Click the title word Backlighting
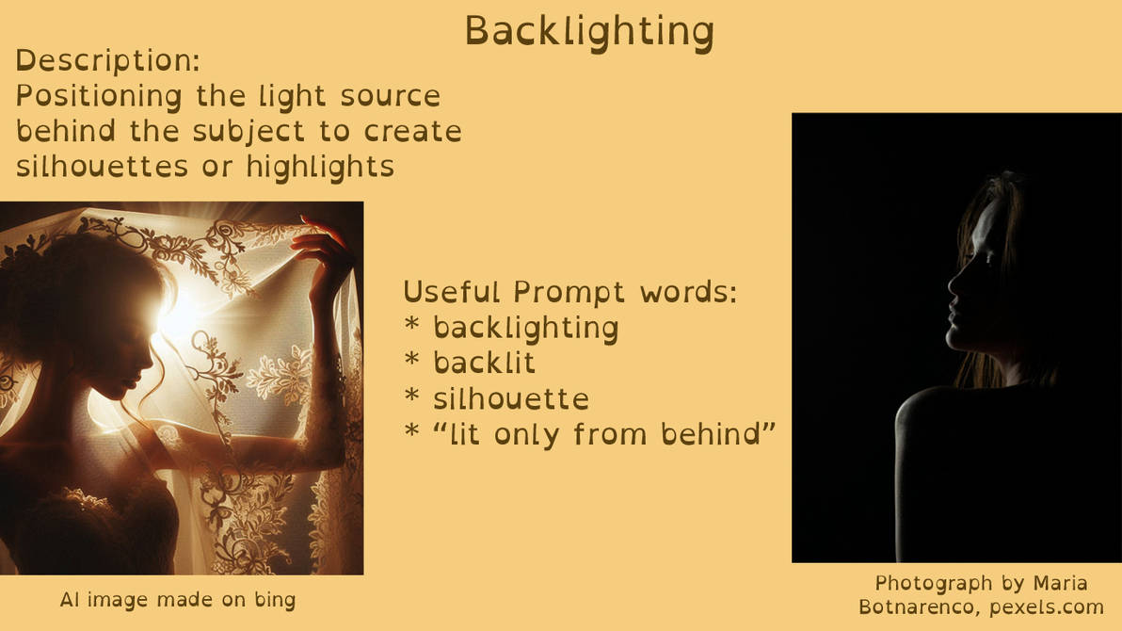click(x=589, y=31)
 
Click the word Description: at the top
click(x=108, y=61)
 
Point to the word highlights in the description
click(x=320, y=166)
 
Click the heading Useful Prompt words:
click(x=569, y=292)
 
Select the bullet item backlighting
click(x=525, y=327)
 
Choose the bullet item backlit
click(x=484, y=363)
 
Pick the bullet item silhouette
click(x=510, y=398)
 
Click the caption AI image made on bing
click(x=178, y=599)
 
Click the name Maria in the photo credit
click(x=1057, y=583)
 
